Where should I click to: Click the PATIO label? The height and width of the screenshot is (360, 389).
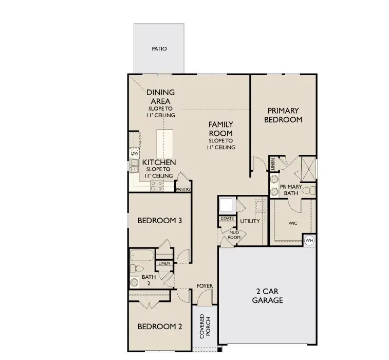[x=159, y=49]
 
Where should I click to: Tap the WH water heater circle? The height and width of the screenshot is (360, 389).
[x=309, y=240]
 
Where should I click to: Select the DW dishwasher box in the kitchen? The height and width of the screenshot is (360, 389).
[x=135, y=153]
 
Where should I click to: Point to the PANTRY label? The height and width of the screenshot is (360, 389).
[x=183, y=189]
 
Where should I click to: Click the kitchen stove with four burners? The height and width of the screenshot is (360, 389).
[x=157, y=186]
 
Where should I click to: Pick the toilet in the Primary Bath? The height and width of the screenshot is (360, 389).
[x=308, y=191]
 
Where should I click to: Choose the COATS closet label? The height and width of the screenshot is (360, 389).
[x=227, y=218]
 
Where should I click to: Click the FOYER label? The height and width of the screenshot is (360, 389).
[x=205, y=286]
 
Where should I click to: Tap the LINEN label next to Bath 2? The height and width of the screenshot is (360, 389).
[x=164, y=263]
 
